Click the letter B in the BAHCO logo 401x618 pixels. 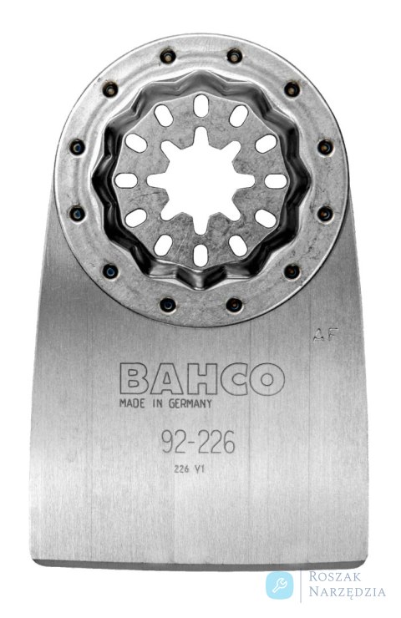tap(135, 378)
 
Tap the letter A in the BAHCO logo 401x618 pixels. tap(168, 378)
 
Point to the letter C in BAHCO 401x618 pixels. tap(234, 378)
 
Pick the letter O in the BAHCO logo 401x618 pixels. tap(267, 378)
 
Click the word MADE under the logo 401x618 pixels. tap(133, 403)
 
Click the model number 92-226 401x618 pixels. tap(198, 442)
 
